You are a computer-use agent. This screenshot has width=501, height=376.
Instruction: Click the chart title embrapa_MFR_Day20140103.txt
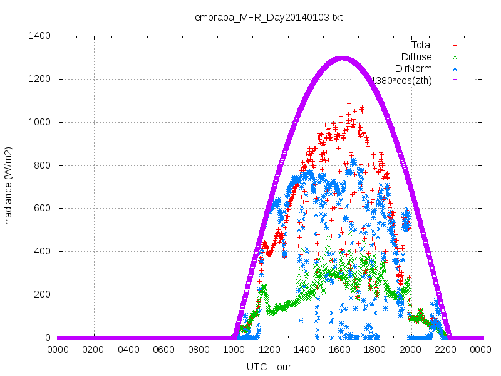tap(269, 18)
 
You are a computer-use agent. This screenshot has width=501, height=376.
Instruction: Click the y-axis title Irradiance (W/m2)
tap(8, 187)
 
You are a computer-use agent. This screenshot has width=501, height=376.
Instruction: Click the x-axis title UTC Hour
tap(269, 367)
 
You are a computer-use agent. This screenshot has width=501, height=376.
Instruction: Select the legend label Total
tap(421, 45)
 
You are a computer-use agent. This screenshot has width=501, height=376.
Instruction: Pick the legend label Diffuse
tap(416, 57)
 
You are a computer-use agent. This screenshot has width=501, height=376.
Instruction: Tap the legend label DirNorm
tap(413, 69)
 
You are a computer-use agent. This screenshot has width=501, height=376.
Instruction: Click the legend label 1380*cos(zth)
tap(402, 81)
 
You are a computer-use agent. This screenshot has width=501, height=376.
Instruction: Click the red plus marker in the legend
tap(455, 45)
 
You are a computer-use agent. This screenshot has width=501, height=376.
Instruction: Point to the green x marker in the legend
tap(455, 57)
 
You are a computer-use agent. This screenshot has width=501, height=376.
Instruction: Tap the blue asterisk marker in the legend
tap(455, 69)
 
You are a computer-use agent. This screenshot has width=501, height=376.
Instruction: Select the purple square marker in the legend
tap(455, 81)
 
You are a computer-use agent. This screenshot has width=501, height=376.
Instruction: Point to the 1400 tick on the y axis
tap(39, 36)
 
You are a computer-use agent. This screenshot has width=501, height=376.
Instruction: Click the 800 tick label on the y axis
tap(42, 165)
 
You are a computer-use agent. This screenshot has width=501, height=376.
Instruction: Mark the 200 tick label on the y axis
tap(42, 295)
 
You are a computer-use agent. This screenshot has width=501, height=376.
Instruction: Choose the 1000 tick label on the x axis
tap(234, 350)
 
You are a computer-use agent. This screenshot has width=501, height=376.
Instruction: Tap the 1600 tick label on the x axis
tap(339, 350)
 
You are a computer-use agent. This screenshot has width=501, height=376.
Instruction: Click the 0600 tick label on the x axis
tap(163, 350)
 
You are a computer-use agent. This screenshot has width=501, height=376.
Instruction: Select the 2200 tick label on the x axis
tap(445, 350)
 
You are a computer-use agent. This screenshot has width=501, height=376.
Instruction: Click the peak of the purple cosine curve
tap(342, 58)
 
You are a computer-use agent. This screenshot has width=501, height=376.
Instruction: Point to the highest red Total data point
tap(349, 98)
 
